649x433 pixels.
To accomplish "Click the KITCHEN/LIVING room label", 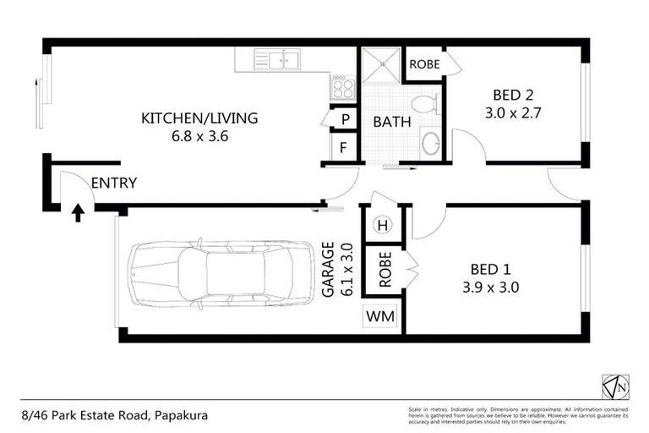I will tap(199, 118).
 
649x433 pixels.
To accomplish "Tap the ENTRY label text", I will tap(113, 183).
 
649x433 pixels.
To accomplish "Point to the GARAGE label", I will tap(327, 270).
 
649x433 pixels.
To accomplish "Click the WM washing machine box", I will tap(374, 317).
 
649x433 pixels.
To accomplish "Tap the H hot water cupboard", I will tap(382, 225).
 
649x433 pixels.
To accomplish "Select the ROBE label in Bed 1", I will tap(385, 270).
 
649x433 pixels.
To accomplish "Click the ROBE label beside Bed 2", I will tap(424, 64).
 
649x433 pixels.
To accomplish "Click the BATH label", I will tap(391, 122).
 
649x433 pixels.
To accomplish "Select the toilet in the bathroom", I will tap(427, 105).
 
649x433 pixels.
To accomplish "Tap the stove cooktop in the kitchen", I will tap(341, 87).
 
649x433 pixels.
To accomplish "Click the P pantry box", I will tap(344, 120).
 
